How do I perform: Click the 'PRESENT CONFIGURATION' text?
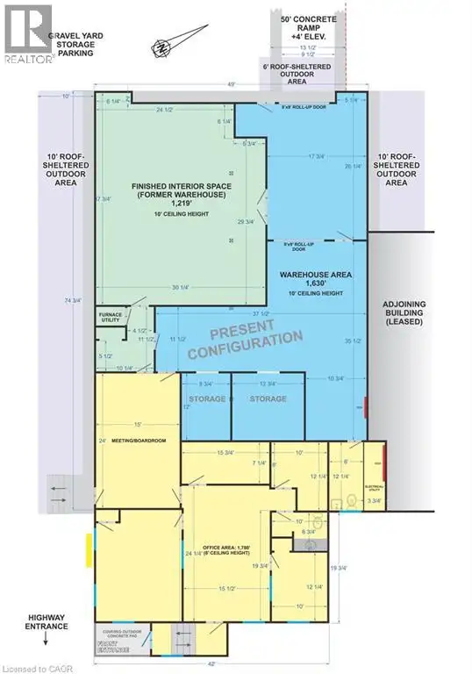click(x=245, y=338)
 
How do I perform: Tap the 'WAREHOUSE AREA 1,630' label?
click(x=316, y=283)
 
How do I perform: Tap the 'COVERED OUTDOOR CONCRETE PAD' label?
click(x=122, y=634)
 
